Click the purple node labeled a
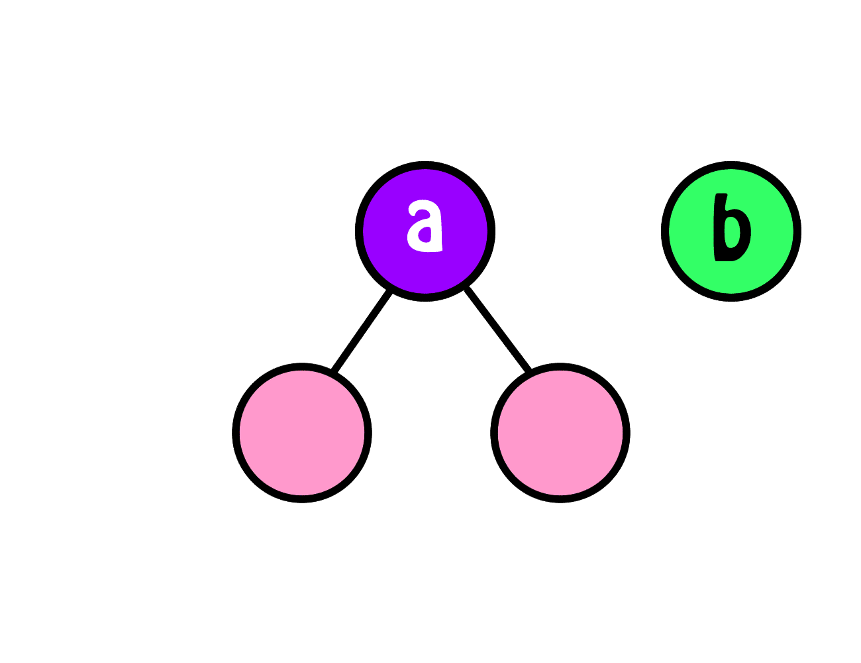(425, 231)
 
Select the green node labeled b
(731, 231)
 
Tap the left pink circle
(302, 433)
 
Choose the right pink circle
(560, 433)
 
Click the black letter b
(732, 227)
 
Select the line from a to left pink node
(362, 330)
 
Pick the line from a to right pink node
(497, 329)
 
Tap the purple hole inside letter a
(425, 234)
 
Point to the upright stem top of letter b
(721, 194)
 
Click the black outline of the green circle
(731, 165)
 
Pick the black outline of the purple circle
(425, 165)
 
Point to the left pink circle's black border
(302, 499)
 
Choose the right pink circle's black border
(560, 499)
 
